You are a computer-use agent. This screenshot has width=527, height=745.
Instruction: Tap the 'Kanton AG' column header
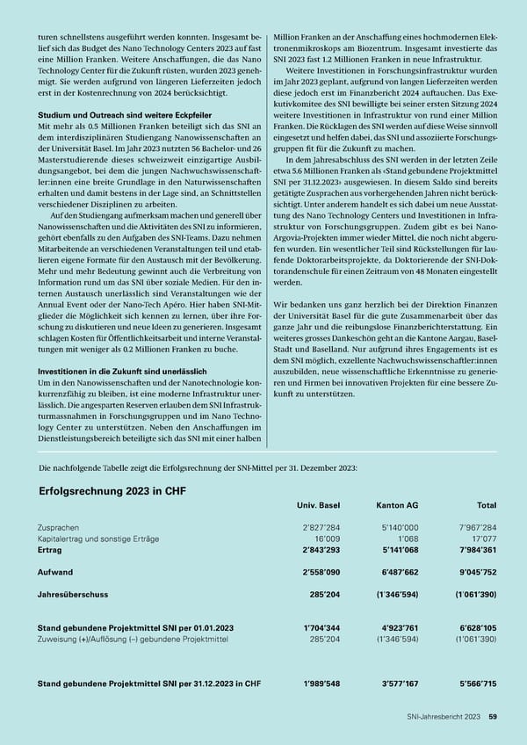pos(396,506)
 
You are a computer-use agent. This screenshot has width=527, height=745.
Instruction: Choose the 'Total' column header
pos(487,506)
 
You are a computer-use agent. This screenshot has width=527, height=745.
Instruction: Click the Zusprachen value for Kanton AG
pos(398,526)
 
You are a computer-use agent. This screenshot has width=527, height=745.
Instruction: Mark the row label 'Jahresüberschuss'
pos(71,593)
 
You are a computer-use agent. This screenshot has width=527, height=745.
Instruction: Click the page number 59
pos(494,717)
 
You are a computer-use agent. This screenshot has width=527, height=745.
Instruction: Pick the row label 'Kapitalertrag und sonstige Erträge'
pos(98,538)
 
